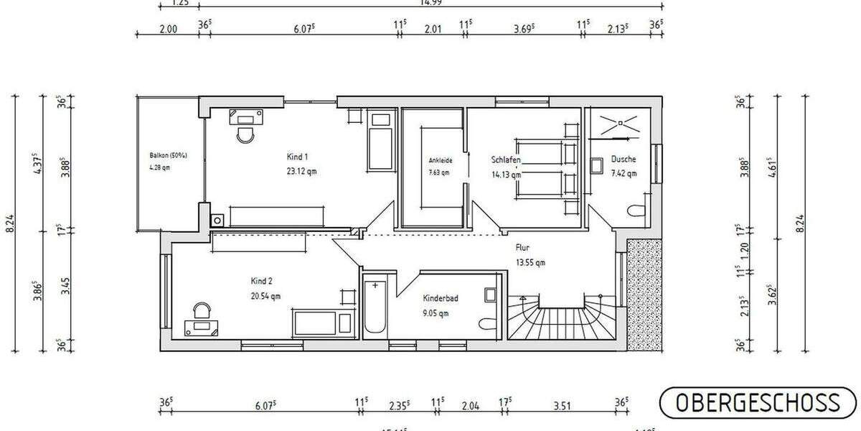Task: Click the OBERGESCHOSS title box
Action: (758, 402)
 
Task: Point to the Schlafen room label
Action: (505, 159)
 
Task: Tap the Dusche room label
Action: (624, 159)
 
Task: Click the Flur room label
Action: (522, 248)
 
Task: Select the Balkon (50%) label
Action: (168, 155)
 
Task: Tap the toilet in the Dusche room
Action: (636, 210)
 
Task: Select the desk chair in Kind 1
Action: (245, 134)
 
